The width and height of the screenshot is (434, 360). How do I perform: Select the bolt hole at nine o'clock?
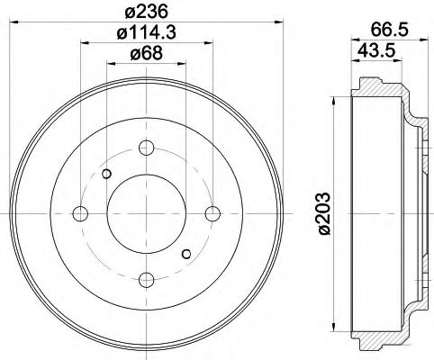79,213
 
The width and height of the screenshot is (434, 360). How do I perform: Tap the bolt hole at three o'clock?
212,213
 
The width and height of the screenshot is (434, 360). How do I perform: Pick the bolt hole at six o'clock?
147,280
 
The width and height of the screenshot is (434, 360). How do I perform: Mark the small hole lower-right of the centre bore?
185,253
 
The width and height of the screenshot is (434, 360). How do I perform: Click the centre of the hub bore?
147,214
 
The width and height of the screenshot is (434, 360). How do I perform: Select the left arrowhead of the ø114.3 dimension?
84,41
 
